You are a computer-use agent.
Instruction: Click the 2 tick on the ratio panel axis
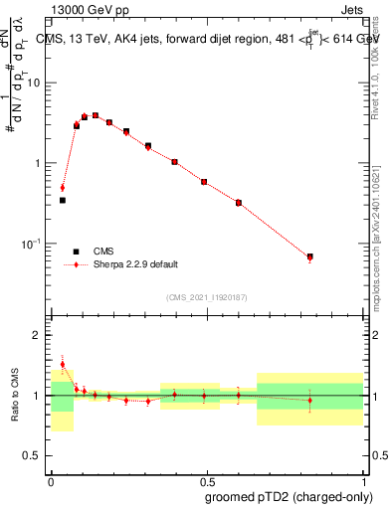tap(41, 335)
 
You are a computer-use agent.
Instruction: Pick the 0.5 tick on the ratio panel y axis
tap(37, 458)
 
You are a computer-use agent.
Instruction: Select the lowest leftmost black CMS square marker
tap(63, 200)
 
